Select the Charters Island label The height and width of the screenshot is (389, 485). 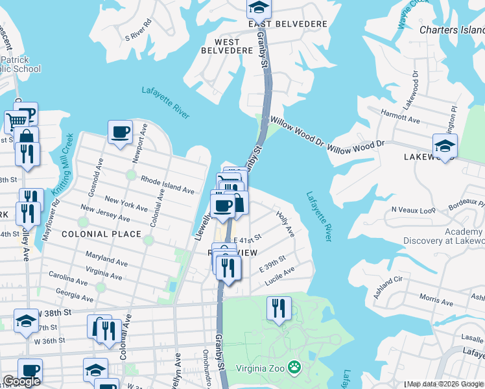click(451, 30)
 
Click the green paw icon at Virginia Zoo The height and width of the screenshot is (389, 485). click(295, 367)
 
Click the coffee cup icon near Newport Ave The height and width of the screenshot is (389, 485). click(121, 132)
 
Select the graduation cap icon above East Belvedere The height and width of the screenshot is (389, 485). click(259, 6)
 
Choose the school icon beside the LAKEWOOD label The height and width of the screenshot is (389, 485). click(445, 145)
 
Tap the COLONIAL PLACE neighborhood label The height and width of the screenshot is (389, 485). click(101, 234)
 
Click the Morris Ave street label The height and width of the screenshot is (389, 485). click(436, 299)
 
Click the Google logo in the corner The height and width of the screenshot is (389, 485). click(21, 381)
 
